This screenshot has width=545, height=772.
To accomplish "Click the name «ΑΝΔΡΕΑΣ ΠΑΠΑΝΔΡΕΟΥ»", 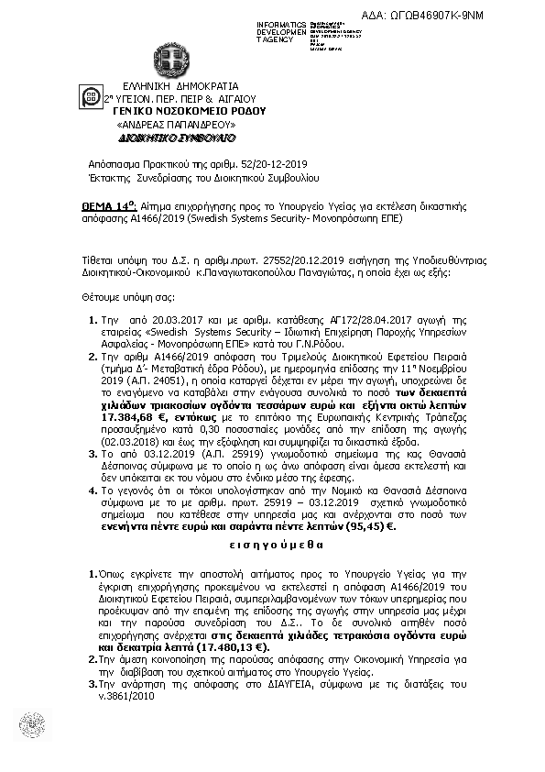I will (177, 123).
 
